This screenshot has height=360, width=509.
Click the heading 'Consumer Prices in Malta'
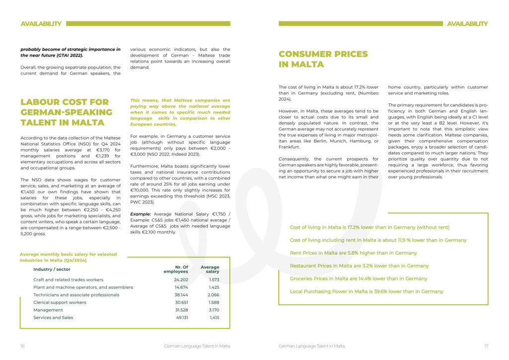(x=323, y=59)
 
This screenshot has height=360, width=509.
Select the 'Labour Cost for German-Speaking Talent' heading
(x=66, y=112)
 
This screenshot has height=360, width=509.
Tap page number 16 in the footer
(x=23, y=346)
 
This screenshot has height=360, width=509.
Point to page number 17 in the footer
(x=486, y=346)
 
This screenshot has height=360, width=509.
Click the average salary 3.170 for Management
(x=213, y=310)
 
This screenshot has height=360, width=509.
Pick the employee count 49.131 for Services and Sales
(x=181, y=317)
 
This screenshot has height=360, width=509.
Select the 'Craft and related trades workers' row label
(x=68, y=279)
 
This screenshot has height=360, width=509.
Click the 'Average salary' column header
(x=210, y=269)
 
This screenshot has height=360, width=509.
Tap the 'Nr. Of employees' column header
(x=176, y=269)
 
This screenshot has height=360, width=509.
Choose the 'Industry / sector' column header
(x=52, y=269)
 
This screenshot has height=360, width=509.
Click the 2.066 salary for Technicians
(x=213, y=295)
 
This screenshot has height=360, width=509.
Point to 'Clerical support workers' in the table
(x=60, y=302)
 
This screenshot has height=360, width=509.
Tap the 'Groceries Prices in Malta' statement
(x=358, y=278)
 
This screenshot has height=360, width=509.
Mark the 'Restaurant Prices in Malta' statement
(x=359, y=266)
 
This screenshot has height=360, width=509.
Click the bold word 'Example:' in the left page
(x=141, y=214)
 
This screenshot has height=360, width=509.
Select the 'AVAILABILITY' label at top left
(x=41, y=23)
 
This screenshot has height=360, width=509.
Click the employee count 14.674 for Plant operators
(x=181, y=287)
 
